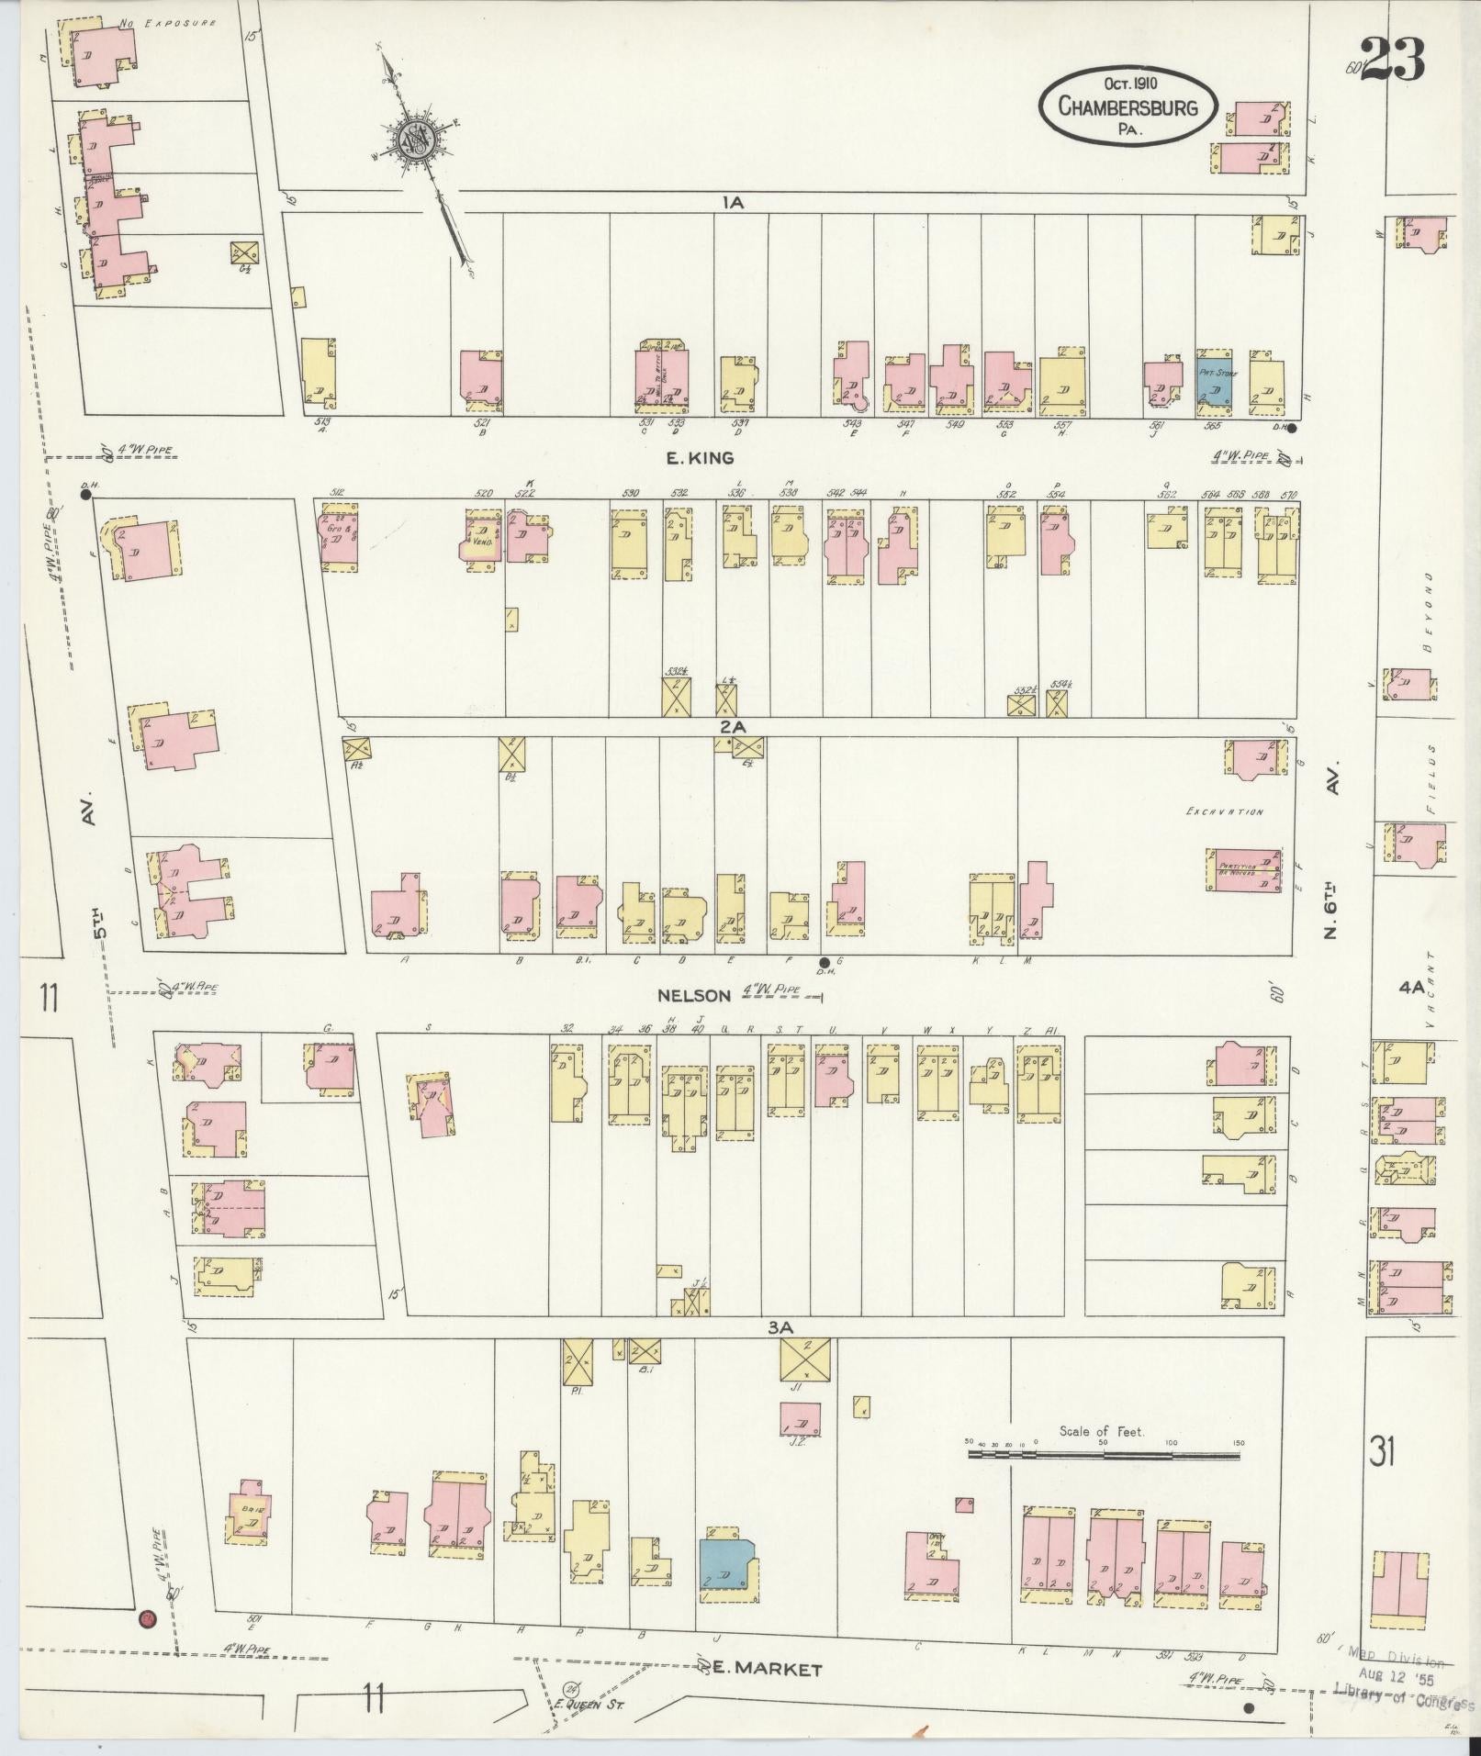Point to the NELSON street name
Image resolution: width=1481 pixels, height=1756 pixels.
[693, 995]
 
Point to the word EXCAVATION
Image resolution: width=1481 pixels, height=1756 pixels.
[1224, 811]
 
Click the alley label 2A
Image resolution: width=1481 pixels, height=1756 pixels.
[731, 726]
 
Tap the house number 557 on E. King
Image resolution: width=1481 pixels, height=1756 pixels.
[1062, 425]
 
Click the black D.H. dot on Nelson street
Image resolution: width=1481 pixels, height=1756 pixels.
[823, 962]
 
